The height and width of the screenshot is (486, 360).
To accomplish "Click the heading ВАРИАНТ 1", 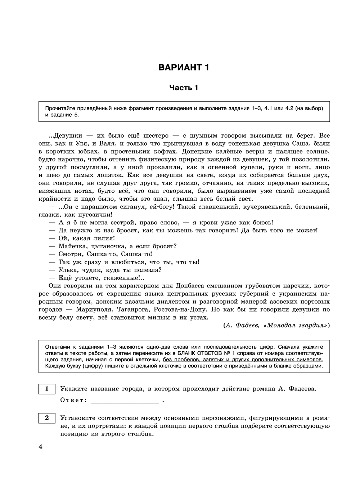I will (x=184, y=67).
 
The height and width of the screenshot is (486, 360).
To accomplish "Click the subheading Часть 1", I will (x=184, y=88).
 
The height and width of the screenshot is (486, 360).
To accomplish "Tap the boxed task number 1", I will (x=47, y=389).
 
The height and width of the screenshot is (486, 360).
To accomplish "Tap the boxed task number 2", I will (x=47, y=418).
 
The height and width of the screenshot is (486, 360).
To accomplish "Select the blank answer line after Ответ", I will (x=125, y=400).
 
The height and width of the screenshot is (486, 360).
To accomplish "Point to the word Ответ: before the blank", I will (x=73, y=400).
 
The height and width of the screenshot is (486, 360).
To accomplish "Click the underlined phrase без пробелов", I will (x=181, y=360).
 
